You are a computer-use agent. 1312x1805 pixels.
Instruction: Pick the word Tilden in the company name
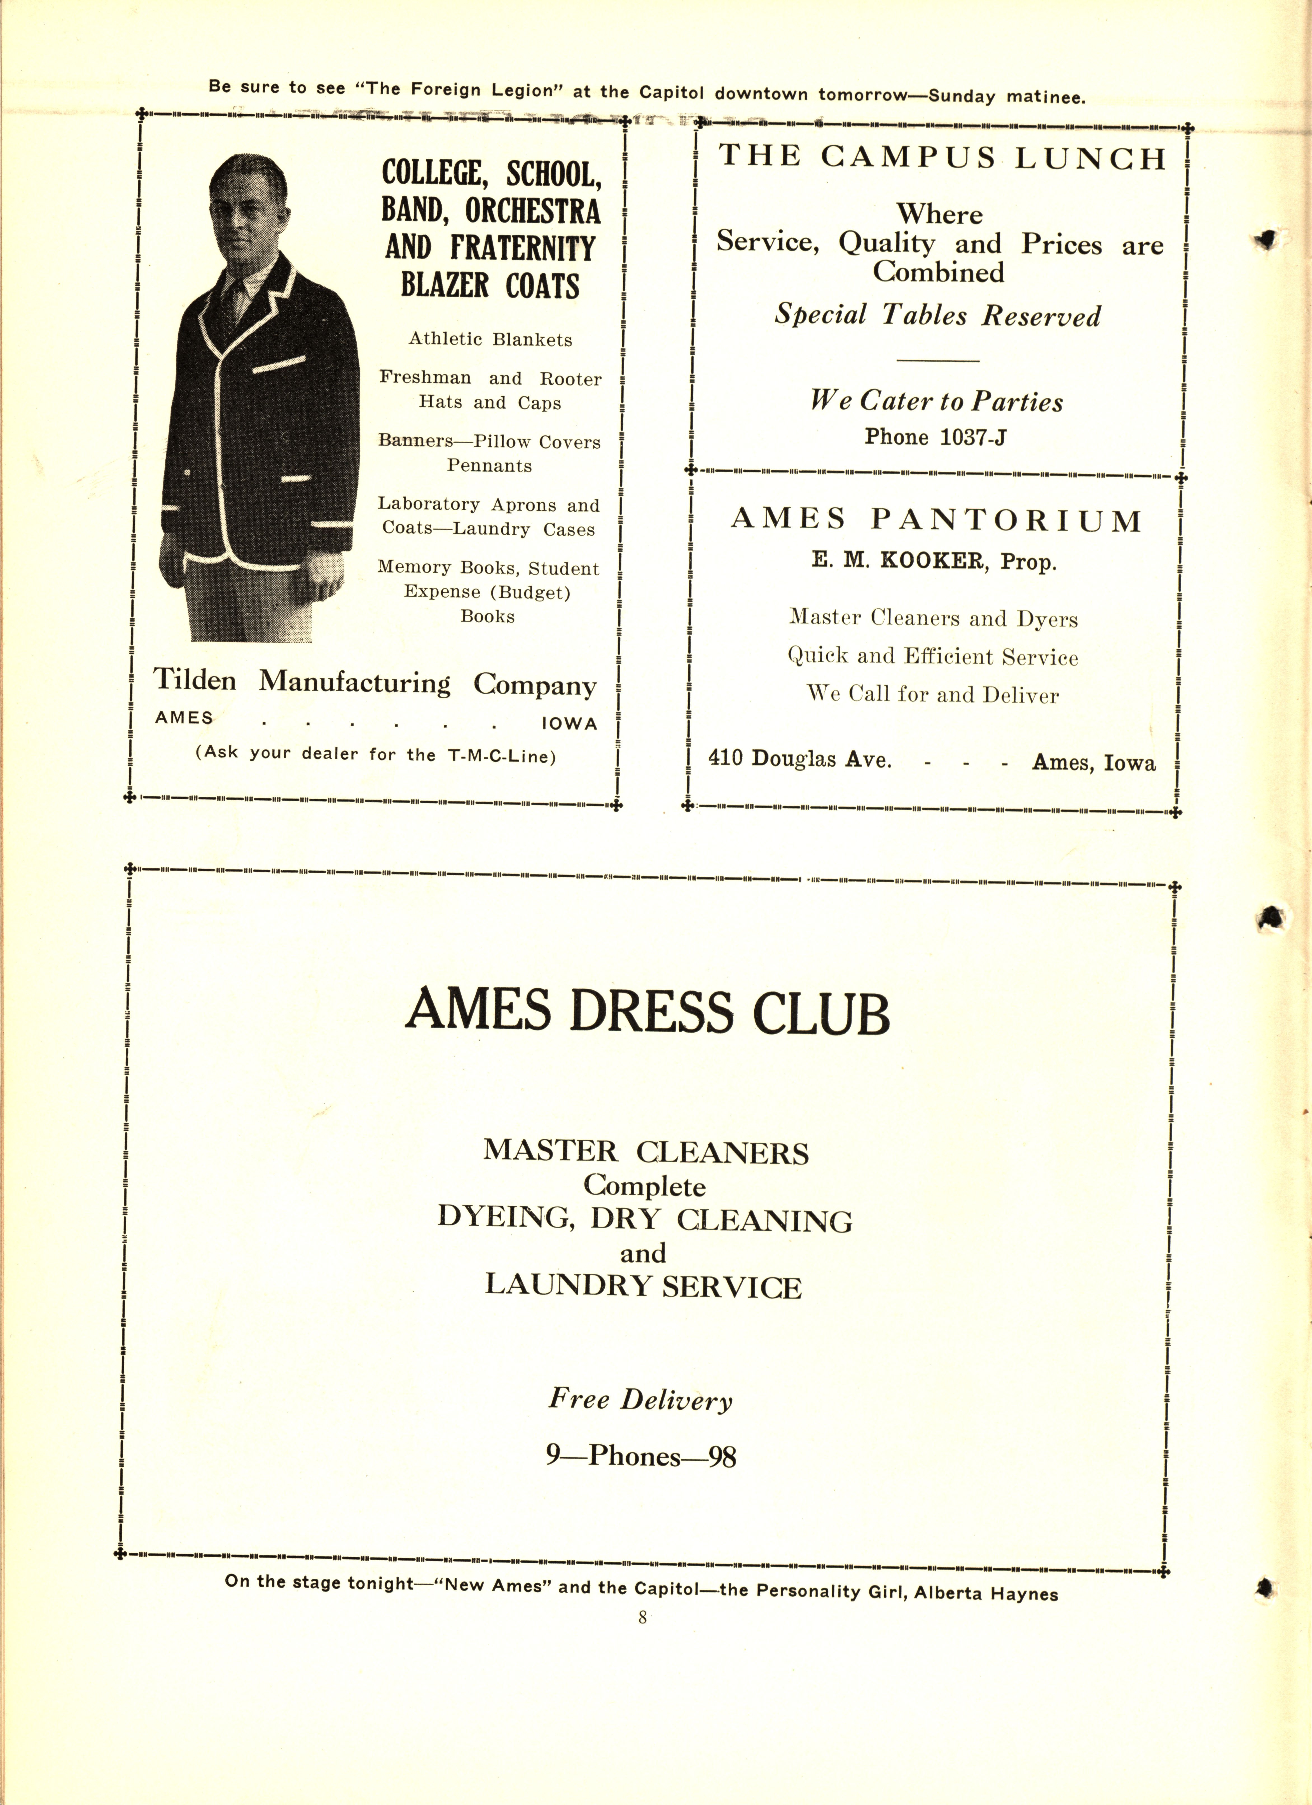click(195, 681)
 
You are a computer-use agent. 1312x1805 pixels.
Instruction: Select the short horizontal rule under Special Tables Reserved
click(937, 361)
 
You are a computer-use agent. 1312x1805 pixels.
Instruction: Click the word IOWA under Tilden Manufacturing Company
click(569, 723)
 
